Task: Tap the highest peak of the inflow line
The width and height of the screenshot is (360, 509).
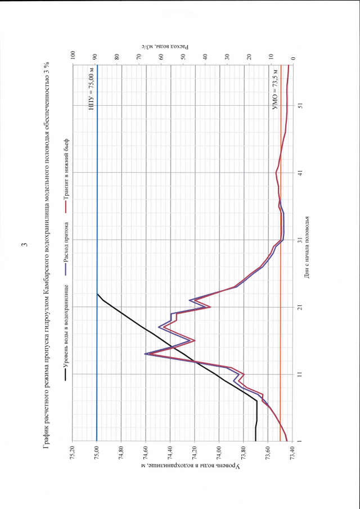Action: [146, 354]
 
